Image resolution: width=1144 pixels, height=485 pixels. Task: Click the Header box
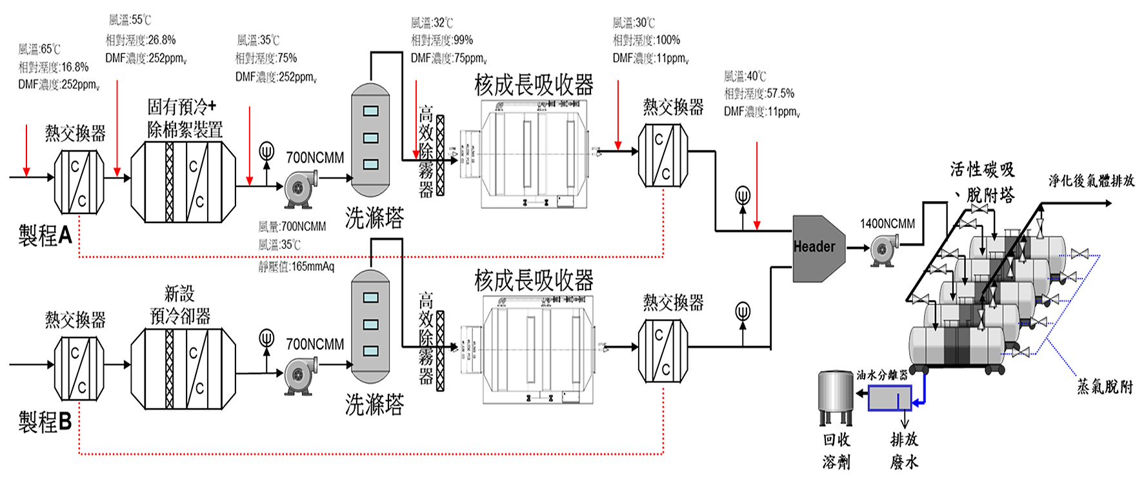coord(817,248)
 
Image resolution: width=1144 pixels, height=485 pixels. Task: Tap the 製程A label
coord(45,235)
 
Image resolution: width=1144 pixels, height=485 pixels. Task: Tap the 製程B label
coord(45,422)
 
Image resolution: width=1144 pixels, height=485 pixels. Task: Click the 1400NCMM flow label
coord(887,224)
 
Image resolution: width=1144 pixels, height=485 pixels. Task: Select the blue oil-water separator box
coord(889,398)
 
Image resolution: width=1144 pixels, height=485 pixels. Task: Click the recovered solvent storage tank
coord(836,397)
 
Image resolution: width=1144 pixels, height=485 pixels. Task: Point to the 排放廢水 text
coord(904,450)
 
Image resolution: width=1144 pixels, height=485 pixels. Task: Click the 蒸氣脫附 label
coord(1105,386)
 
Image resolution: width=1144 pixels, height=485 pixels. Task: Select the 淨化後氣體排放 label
coord(1091,181)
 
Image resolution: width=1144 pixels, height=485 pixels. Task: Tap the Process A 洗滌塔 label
coord(374,219)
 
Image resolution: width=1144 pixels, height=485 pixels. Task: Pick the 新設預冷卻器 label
coord(180,305)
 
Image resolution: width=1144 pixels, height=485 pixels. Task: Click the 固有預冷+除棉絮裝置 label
coord(185,118)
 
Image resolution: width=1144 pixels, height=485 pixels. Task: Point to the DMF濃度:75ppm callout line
coord(448,59)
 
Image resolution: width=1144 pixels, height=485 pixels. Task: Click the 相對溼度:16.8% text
coord(54,67)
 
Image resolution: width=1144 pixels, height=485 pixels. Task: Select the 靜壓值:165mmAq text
coord(296,266)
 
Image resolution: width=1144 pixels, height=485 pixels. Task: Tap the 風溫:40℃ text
coord(745,76)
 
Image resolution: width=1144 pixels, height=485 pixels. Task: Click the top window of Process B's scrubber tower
coord(370,297)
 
